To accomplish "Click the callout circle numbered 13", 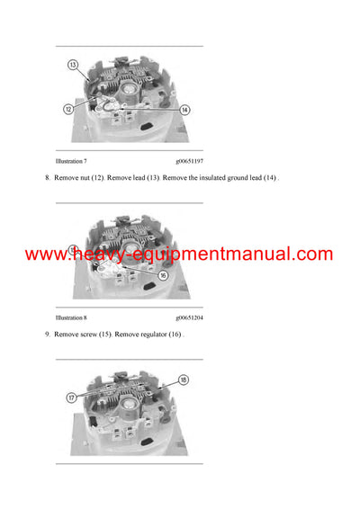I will pos(73,66).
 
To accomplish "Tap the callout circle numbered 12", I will pos(67,109).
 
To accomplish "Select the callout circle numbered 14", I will pos(184,110).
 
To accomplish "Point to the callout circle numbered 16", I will pos(164,275).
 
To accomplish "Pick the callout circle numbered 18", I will pos(184,380).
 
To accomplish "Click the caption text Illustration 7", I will pos(71,160).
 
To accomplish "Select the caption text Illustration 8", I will pos(71,317).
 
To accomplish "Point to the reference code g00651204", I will pos(189,317).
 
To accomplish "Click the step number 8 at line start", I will pos(47,178).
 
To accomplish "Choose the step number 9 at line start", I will pos(47,335).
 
